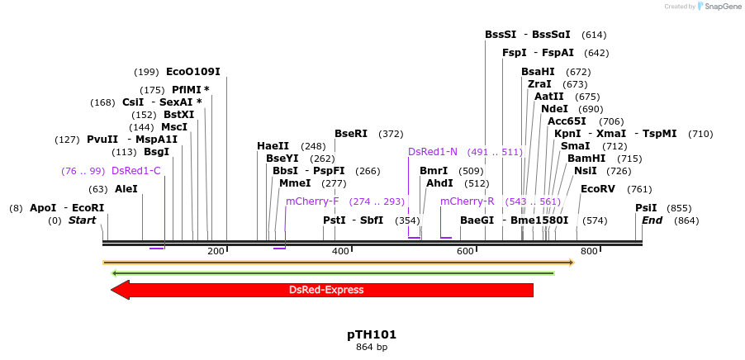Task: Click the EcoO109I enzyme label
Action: pos(192,72)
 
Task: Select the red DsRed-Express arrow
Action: pos(322,290)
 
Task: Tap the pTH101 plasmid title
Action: pos(372,335)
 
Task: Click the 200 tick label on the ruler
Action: pos(216,251)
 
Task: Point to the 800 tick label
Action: pos(589,251)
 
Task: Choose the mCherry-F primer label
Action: pos(312,201)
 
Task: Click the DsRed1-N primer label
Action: pos(433,152)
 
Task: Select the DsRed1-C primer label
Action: pos(135,171)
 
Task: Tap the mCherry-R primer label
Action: pos(467,201)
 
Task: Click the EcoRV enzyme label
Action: pos(598,189)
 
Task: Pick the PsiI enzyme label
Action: pos(646,208)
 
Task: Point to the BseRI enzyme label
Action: pos(351,134)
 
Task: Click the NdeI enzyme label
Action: pos(554,109)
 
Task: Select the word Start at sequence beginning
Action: pos(83,220)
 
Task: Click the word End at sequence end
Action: pos(652,220)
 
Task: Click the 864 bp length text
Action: pos(372,348)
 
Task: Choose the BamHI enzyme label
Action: pos(586,159)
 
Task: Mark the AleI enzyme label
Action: pos(126,189)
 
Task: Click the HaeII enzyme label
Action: pos(273,146)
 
